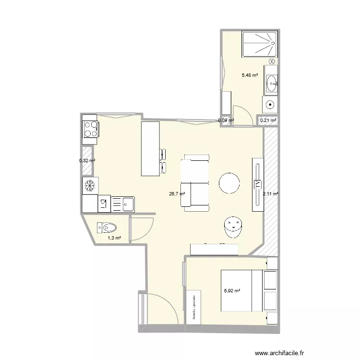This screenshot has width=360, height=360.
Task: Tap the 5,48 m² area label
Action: pos(250,75)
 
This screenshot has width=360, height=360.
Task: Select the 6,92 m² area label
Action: pos(232,290)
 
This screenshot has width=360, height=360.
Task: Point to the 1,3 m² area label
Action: pos(114,238)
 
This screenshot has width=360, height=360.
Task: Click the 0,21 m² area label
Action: pos(268,120)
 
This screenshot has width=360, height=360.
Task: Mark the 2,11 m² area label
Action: pos(271,194)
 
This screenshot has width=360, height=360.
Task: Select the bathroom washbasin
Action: pos(272,84)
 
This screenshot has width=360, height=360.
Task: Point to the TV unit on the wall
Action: pos(258,184)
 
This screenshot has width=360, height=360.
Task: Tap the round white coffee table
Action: pos(229,182)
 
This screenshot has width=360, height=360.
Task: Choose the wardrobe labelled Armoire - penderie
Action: pos(193,307)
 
